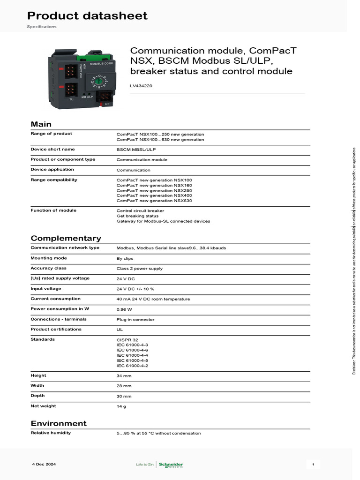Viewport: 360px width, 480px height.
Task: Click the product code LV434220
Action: tap(141, 86)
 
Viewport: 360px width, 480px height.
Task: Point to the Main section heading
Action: tap(41, 124)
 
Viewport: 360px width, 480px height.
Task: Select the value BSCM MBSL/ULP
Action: tap(136, 150)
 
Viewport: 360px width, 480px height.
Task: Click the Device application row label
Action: tap(52, 170)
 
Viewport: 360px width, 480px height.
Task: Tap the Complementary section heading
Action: tap(66, 238)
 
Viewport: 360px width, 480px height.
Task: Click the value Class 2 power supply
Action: tap(139, 269)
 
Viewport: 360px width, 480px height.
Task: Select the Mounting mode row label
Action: tap(49, 258)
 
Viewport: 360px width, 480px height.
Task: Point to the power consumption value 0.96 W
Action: tap(124, 309)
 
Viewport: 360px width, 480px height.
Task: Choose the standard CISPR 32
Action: tap(127, 340)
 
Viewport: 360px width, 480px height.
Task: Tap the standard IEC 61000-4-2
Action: tap(132, 366)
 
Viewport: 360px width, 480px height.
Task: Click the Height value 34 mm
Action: tap(124, 376)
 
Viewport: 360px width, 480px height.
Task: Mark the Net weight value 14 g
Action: tap(121, 406)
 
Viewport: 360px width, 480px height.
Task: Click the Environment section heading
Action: tap(59, 424)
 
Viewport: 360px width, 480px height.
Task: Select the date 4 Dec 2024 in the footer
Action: tap(44, 464)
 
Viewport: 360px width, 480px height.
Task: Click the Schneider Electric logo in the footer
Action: tap(171, 465)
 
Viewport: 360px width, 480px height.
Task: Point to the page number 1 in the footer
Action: tap(313, 464)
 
